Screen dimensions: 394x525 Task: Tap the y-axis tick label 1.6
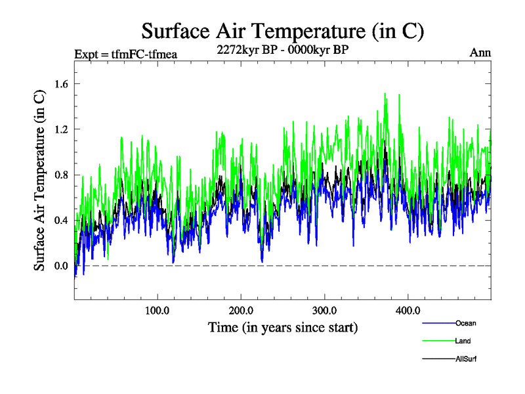[x=62, y=83]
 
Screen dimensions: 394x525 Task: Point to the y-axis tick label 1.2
[x=62, y=129]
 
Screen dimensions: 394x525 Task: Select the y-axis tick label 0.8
[x=62, y=175]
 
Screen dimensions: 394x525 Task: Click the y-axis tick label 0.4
[x=62, y=220]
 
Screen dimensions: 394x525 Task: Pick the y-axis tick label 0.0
[x=62, y=265]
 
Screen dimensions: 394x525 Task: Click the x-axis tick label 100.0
[x=157, y=310]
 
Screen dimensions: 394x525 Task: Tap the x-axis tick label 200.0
[x=241, y=310]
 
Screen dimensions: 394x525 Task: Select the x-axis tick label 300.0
[x=324, y=310]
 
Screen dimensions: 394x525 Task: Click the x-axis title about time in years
[x=283, y=326]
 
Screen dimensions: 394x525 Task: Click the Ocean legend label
[x=465, y=323]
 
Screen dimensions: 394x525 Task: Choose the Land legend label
[x=463, y=341]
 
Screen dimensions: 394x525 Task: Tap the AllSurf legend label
[x=465, y=359]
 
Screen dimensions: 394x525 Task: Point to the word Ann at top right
[x=480, y=53]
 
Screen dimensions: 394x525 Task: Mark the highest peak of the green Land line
[x=385, y=93]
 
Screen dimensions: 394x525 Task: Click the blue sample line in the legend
[x=438, y=323]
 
